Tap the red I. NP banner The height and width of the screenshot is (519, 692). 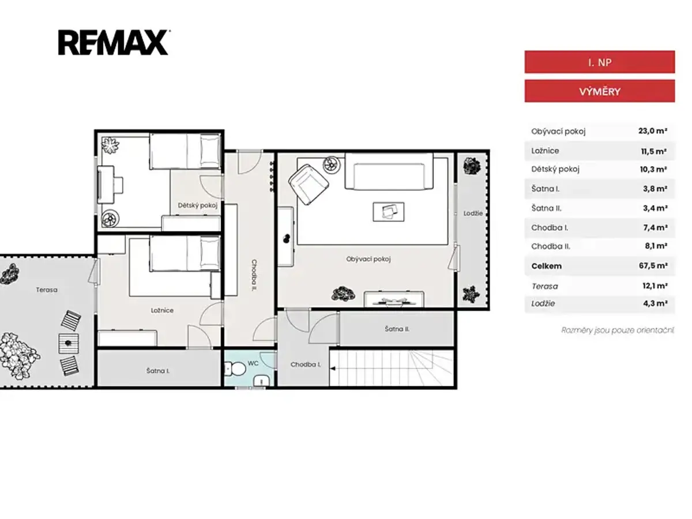[x=599, y=62]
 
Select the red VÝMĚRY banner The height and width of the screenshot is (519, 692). [x=599, y=91]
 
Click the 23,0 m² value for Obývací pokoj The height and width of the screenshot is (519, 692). [x=653, y=131]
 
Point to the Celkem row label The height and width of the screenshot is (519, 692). [x=546, y=266]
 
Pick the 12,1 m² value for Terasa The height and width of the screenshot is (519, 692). [x=655, y=286]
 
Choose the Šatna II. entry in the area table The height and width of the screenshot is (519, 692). [x=546, y=208]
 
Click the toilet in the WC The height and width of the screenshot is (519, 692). [x=235, y=368]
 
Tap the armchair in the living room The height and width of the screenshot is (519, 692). [x=309, y=185]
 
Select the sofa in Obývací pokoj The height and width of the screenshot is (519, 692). [x=389, y=171]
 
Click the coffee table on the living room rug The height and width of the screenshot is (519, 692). [x=389, y=212]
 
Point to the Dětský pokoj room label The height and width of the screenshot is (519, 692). [x=198, y=205]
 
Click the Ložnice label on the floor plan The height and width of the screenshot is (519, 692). [x=162, y=310]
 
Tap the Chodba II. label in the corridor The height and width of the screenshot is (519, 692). [x=254, y=275]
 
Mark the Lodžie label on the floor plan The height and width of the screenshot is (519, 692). [x=473, y=213]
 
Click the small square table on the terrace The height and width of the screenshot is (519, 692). [x=69, y=344]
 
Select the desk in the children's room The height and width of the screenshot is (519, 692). [x=106, y=185]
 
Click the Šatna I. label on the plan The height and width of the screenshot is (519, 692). [x=157, y=371]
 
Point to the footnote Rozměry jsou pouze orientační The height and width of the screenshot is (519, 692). [x=618, y=330]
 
